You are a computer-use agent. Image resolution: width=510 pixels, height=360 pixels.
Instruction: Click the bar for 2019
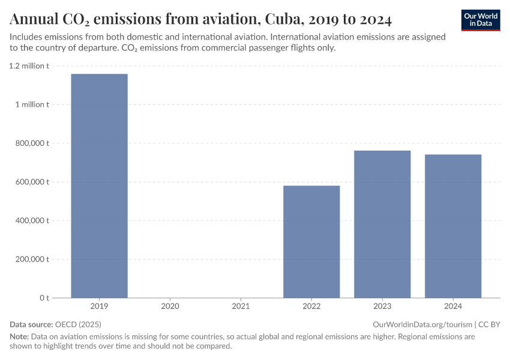pos(99,185)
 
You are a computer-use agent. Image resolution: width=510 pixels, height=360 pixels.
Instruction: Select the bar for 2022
pos(311,241)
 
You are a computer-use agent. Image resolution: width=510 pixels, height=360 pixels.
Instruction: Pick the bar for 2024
pos(453,226)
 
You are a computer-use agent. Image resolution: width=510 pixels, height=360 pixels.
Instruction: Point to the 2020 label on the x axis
pos(170,307)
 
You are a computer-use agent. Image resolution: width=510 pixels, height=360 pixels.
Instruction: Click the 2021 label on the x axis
pos(241,307)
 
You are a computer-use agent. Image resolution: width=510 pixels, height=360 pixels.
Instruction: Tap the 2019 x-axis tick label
pos(99,307)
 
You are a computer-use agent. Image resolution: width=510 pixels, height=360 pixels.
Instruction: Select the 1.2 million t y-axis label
pos(29,66)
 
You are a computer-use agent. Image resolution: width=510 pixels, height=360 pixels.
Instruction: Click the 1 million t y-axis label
pos(32,104)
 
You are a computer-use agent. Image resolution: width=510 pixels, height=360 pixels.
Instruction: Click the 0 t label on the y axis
pos(44,298)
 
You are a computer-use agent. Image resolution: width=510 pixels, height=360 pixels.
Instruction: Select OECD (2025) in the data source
pos(78,324)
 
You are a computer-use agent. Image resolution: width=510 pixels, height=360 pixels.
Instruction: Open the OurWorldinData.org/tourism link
pos(422,324)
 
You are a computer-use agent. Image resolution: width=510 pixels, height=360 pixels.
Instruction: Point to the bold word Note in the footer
pos(19,337)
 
